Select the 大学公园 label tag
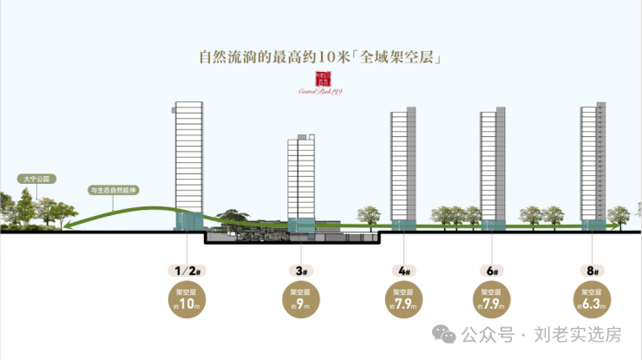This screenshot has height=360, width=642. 36,179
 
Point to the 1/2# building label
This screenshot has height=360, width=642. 187,270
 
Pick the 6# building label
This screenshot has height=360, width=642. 492,270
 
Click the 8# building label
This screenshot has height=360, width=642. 594,270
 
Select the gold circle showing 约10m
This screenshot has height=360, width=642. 187,299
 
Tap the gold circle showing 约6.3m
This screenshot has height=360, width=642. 594,299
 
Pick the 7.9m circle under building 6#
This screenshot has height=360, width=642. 492,299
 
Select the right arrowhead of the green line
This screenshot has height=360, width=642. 621,227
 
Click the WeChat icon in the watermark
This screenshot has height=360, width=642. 444,335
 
